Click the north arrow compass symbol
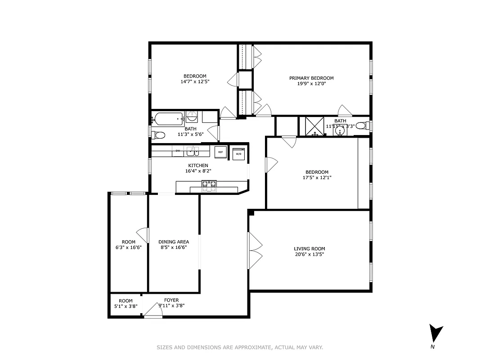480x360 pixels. pyautogui.click(x=435, y=334)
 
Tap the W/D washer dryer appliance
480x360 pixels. pyautogui.click(x=238, y=153)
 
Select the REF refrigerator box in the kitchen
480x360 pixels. pyautogui.click(x=220, y=152)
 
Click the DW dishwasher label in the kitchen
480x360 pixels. pyautogui.click(x=178, y=151)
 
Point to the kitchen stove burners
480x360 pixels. pyautogui.click(x=209, y=184)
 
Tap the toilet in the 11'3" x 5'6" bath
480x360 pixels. pyautogui.click(x=158, y=135)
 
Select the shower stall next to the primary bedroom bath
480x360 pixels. pyautogui.click(x=314, y=126)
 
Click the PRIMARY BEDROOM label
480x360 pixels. pyautogui.click(x=311, y=78)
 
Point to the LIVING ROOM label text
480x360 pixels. pyautogui.click(x=309, y=249)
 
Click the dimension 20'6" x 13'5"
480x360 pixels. pyautogui.click(x=309, y=254)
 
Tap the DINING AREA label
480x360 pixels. pyautogui.click(x=174, y=242)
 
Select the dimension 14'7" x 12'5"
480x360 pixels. pyautogui.click(x=195, y=81)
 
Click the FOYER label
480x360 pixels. pyautogui.click(x=171, y=300)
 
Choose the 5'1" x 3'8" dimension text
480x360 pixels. pyautogui.click(x=126, y=306)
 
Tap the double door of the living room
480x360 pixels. pyautogui.click(x=255, y=251)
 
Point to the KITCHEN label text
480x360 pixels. pyautogui.click(x=198, y=166)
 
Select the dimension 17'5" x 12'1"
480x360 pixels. pyautogui.click(x=317, y=177)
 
